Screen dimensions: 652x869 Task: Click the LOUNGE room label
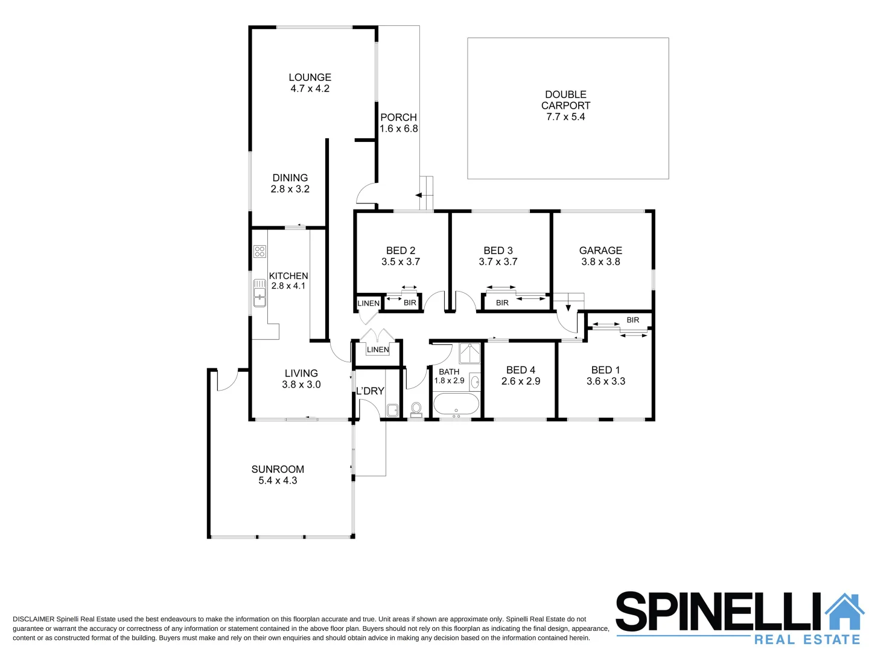[310, 77]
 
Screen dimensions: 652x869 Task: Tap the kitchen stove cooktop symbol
[259, 251]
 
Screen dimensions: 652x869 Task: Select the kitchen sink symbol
[259, 292]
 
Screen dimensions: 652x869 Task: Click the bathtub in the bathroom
[456, 404]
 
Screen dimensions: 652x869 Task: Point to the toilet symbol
[416, 409]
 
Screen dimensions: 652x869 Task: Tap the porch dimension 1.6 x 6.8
[398, 129]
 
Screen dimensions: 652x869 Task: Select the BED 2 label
[400, 251]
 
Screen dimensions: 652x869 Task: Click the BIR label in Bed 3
[502, 303]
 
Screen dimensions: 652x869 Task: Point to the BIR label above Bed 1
[632, 320]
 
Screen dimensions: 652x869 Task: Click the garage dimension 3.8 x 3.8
[600, 262]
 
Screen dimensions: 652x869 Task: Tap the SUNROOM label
[278, 469]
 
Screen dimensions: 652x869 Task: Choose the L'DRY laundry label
[370, 391]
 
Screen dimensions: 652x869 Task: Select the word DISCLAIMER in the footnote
[33, 619]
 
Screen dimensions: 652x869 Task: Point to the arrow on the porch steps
[418, 195]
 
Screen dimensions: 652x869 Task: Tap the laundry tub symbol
[392, 410]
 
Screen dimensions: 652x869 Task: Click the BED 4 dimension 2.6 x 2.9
[520, 382]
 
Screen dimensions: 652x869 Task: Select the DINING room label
[290, 177]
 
